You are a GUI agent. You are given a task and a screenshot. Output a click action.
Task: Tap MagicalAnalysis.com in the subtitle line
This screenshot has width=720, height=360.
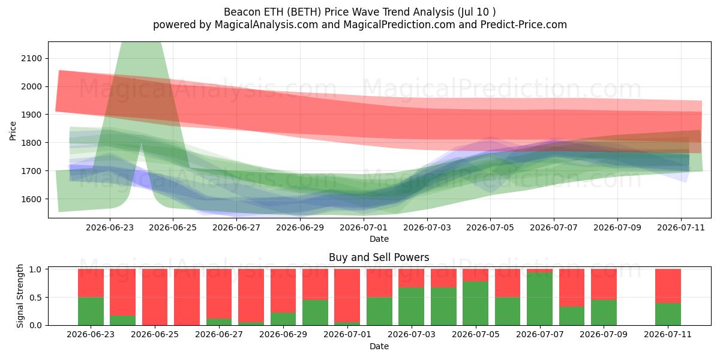coord(266,25)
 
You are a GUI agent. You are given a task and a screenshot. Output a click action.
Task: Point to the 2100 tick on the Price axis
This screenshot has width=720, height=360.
coord(31,59)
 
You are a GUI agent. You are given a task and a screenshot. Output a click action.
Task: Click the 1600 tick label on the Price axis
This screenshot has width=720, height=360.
coord(31,199)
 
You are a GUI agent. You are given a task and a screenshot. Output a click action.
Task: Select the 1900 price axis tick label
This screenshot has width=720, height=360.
coord(31,115)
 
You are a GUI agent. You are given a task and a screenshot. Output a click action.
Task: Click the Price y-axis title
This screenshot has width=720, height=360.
coord(13,131)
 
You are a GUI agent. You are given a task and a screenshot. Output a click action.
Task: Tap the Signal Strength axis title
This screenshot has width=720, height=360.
coord(20,296)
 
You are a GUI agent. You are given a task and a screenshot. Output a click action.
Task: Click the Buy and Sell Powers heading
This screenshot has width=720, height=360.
coord(379,257)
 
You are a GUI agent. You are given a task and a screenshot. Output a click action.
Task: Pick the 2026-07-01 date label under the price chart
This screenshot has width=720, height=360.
coord(364,228)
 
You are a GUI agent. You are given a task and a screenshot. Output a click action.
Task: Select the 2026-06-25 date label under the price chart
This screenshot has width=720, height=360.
coord(173,228)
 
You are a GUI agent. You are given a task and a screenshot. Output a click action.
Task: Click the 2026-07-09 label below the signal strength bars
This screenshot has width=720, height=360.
coord(604,335)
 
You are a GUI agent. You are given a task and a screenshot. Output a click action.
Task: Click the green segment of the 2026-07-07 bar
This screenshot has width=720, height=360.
coord(539,299)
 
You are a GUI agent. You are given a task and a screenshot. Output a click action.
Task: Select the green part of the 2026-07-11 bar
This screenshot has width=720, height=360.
coord(668,314)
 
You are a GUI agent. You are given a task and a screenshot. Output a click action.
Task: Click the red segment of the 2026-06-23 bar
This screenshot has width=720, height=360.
coord(91,283)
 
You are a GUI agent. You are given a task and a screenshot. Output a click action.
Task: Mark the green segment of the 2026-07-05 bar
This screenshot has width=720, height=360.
coord(475,303)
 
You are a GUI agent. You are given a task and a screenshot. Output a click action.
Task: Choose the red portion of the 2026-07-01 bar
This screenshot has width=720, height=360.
coord(347,295)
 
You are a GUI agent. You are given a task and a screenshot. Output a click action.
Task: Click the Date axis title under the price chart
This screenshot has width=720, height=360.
coord(379,239)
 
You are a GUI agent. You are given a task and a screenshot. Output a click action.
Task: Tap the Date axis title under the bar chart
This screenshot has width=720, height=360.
coord(379,347)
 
